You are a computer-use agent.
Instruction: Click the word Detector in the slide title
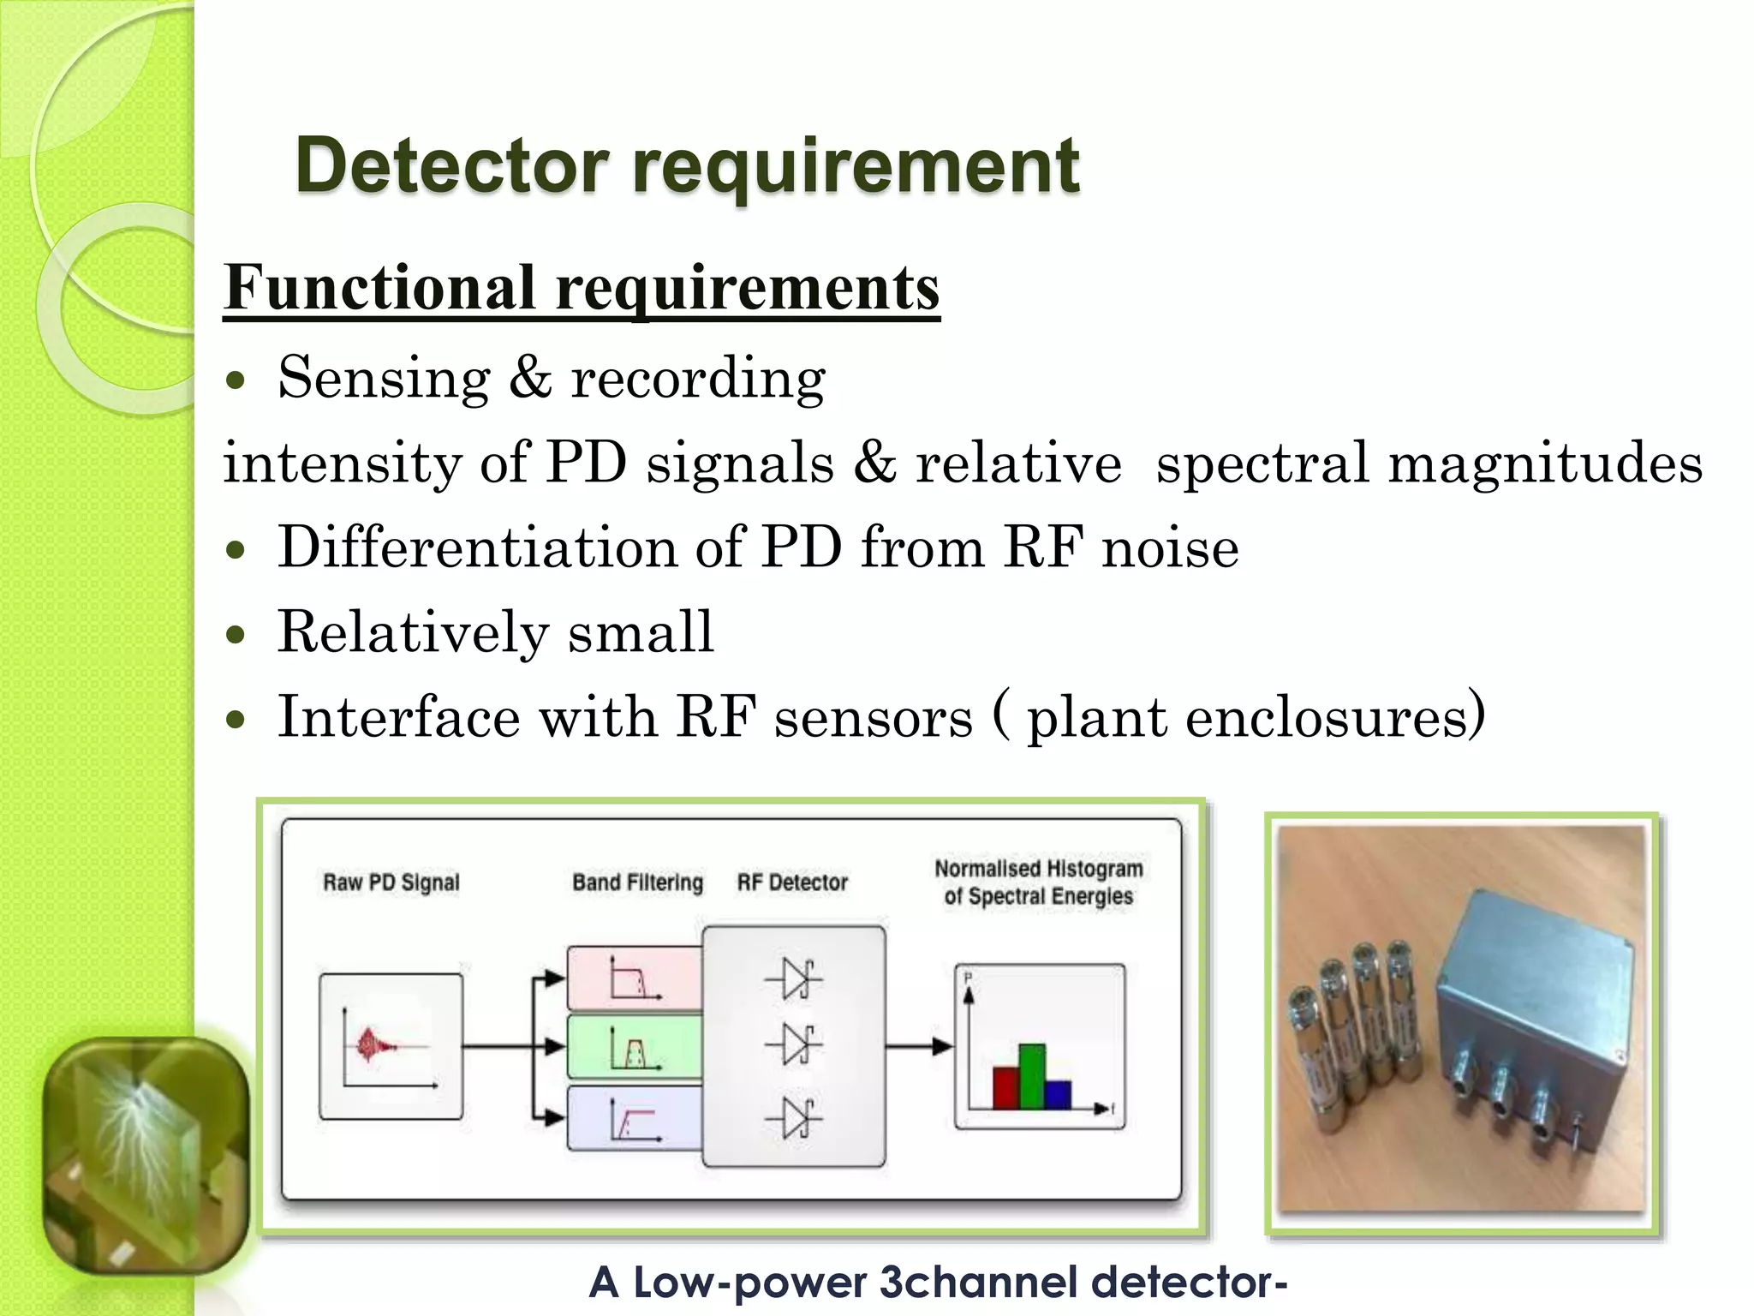coord(452,166)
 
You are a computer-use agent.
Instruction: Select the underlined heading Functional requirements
coord(582,288)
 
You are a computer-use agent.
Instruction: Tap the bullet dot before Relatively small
coord(236,635)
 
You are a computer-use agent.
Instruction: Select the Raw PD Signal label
coord(391,882)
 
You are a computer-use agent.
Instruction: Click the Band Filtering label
coord(637,882)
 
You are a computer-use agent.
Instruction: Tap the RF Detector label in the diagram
coord(792,882)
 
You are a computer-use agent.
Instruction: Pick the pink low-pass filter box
coord(634,978)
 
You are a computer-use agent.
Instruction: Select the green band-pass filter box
coord(634,1047)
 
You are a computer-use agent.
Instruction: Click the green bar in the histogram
coord(1032,1076)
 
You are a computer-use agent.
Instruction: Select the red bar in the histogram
coord(1005,1087)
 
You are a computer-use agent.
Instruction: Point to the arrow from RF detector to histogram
coord(919,1046)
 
